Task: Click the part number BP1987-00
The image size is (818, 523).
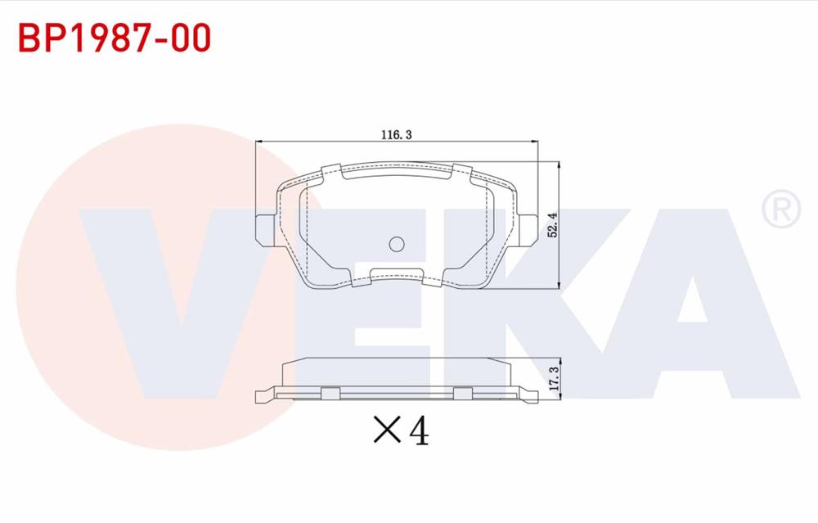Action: tap(115, 38)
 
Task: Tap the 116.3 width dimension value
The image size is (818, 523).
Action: tap(397, 135)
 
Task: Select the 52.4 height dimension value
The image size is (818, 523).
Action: tap(552, 225)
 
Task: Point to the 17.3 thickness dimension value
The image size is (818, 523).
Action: tap(554, 378)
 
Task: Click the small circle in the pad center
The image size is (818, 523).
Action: tap(397, 244)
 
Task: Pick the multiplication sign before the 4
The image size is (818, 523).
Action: tap(388, 430)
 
